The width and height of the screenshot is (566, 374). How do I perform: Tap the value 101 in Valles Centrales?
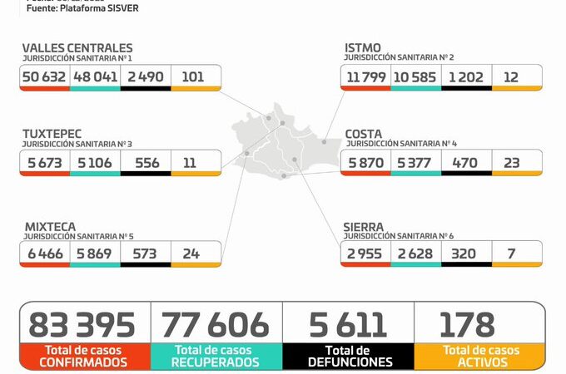[193, 77]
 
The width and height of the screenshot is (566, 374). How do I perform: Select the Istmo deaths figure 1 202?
[466, 77]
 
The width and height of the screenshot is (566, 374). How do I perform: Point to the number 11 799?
[366, 77]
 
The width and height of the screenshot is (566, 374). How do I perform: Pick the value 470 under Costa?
[465, 162]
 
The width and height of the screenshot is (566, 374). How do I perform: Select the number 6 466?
[44, 253]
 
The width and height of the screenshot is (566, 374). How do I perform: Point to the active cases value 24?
[191, 253]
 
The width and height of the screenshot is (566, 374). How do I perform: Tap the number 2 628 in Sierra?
[415, 253]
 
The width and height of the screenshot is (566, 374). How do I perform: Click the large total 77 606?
[216, 323]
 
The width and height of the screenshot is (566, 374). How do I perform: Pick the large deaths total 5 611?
[348, 323]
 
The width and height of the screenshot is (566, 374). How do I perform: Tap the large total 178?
[467, 323]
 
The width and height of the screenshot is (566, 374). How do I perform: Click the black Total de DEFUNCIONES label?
[349, 357]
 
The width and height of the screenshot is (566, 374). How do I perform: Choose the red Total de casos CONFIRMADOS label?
[84, 357]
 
